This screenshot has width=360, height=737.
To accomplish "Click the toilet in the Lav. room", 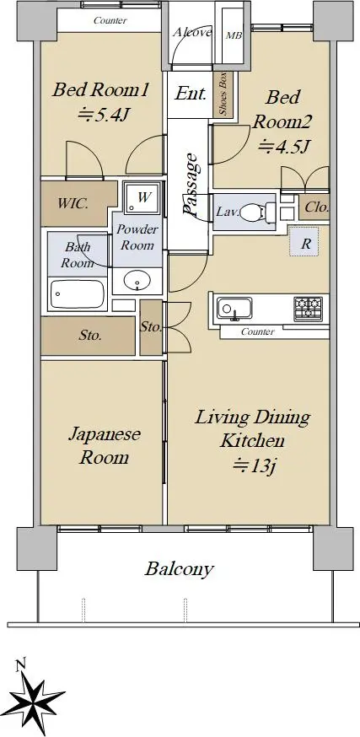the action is pos(258,212).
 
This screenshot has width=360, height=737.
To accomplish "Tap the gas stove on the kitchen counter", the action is pos(309,309).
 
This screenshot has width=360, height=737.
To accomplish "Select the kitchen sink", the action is pos(234,309).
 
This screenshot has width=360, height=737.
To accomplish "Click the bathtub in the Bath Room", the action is pos(78,294).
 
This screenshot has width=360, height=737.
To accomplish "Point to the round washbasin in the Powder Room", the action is pos(137,282).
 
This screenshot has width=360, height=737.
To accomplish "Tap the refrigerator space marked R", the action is pos(304,242).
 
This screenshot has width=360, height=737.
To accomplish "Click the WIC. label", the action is pos(73,204).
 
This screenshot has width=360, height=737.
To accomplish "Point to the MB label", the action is pos(234,35).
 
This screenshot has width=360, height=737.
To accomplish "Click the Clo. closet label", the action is pos(316,207).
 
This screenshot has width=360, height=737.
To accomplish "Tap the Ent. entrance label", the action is pos(191,94).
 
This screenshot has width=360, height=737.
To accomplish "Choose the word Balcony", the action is pos(179,569).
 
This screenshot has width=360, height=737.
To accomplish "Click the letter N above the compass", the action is pos(19,665).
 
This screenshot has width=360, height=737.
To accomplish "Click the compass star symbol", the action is pos(36,699).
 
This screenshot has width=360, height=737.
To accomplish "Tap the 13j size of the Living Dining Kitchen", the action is pos(254,465).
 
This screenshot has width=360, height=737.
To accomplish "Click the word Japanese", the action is pos(105,434).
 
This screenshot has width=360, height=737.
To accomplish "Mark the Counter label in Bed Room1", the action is pos(110,20).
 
